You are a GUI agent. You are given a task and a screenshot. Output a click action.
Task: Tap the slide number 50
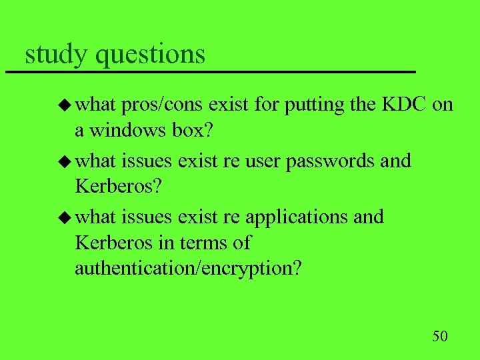440,335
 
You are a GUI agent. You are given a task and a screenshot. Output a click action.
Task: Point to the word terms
193,243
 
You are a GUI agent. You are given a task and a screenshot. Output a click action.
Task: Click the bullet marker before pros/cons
65,105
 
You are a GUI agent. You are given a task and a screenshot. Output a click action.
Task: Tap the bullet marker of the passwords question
65,161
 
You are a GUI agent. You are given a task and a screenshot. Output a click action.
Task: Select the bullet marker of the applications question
65,217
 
